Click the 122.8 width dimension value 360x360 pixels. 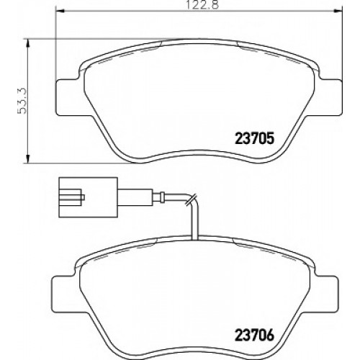click(203, 5)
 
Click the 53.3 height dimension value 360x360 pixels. click(22, 101)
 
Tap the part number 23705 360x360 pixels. click(254, 139)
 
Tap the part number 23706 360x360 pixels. click(254, 335)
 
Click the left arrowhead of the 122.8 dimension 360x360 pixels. click(60, 11)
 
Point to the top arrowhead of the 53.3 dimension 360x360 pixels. click(28, 43)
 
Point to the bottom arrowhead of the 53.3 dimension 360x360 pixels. click(28, 158)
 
